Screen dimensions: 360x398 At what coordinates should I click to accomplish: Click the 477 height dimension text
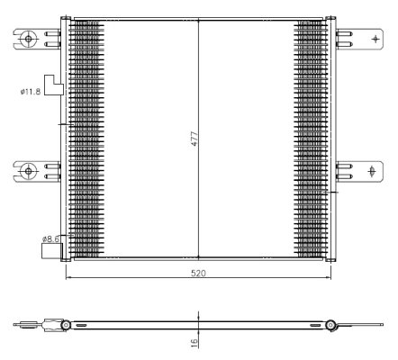point(194,139)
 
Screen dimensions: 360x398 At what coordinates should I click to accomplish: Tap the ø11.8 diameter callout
point(32,90)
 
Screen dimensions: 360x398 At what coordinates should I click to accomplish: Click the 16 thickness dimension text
point(194,342)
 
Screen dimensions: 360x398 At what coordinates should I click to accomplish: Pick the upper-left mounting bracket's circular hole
point(29,39)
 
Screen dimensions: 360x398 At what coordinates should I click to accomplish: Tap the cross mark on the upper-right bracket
point(375,39)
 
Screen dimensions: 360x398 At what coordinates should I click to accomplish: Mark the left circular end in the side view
point(66,324)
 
